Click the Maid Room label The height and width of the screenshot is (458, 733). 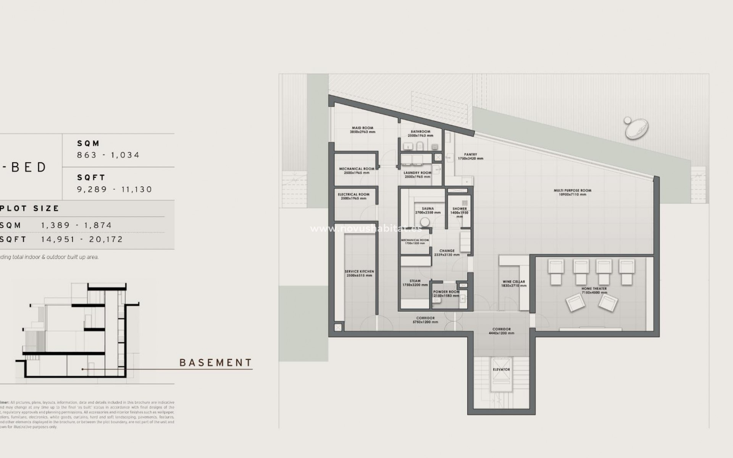pyautogui.click(x=362, y=128)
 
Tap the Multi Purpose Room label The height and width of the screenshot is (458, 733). pyautogui.click(x=572, y=190)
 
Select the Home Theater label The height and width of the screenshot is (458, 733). pyautogui.click(x=594, y=289)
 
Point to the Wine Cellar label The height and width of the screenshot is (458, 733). pyautogui.click(x=514, y=282)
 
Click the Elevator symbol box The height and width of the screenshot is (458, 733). pyautogui.click(x=501, y=369)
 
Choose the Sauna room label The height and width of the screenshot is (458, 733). pyautogui.click(x=428, y=209)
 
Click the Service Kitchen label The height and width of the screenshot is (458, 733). pyautogui.click(x=359, y=272)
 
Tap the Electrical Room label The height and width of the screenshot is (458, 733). pyautogui.click(x=354, y=195)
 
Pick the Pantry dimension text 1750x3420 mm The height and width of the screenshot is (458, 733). pyautogui.click(x=470, y=158)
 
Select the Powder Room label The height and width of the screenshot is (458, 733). pyautogui.click(x=446, y=292)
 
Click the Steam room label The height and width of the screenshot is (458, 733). pyautogui.click(x=415, y=281)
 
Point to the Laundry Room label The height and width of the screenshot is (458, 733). pyautogui.click(x=417, y=173)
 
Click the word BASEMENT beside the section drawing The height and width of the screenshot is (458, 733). pyautogui.click(x=216, y=363)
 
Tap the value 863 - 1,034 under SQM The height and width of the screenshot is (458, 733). pyautogui.click(x=108, y=155)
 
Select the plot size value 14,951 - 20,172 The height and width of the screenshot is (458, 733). pyautogui.click(x=82, y=239)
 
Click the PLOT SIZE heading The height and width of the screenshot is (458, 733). pyautogui.click(x=30, y=208)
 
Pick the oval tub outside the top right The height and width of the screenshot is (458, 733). pyautogui.click(x=637, y=128)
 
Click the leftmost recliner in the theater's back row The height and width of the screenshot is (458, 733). pyautogui.click(x=556, y=271)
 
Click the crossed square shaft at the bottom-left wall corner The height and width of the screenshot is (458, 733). pyautogui.click(x=338, y=327)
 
